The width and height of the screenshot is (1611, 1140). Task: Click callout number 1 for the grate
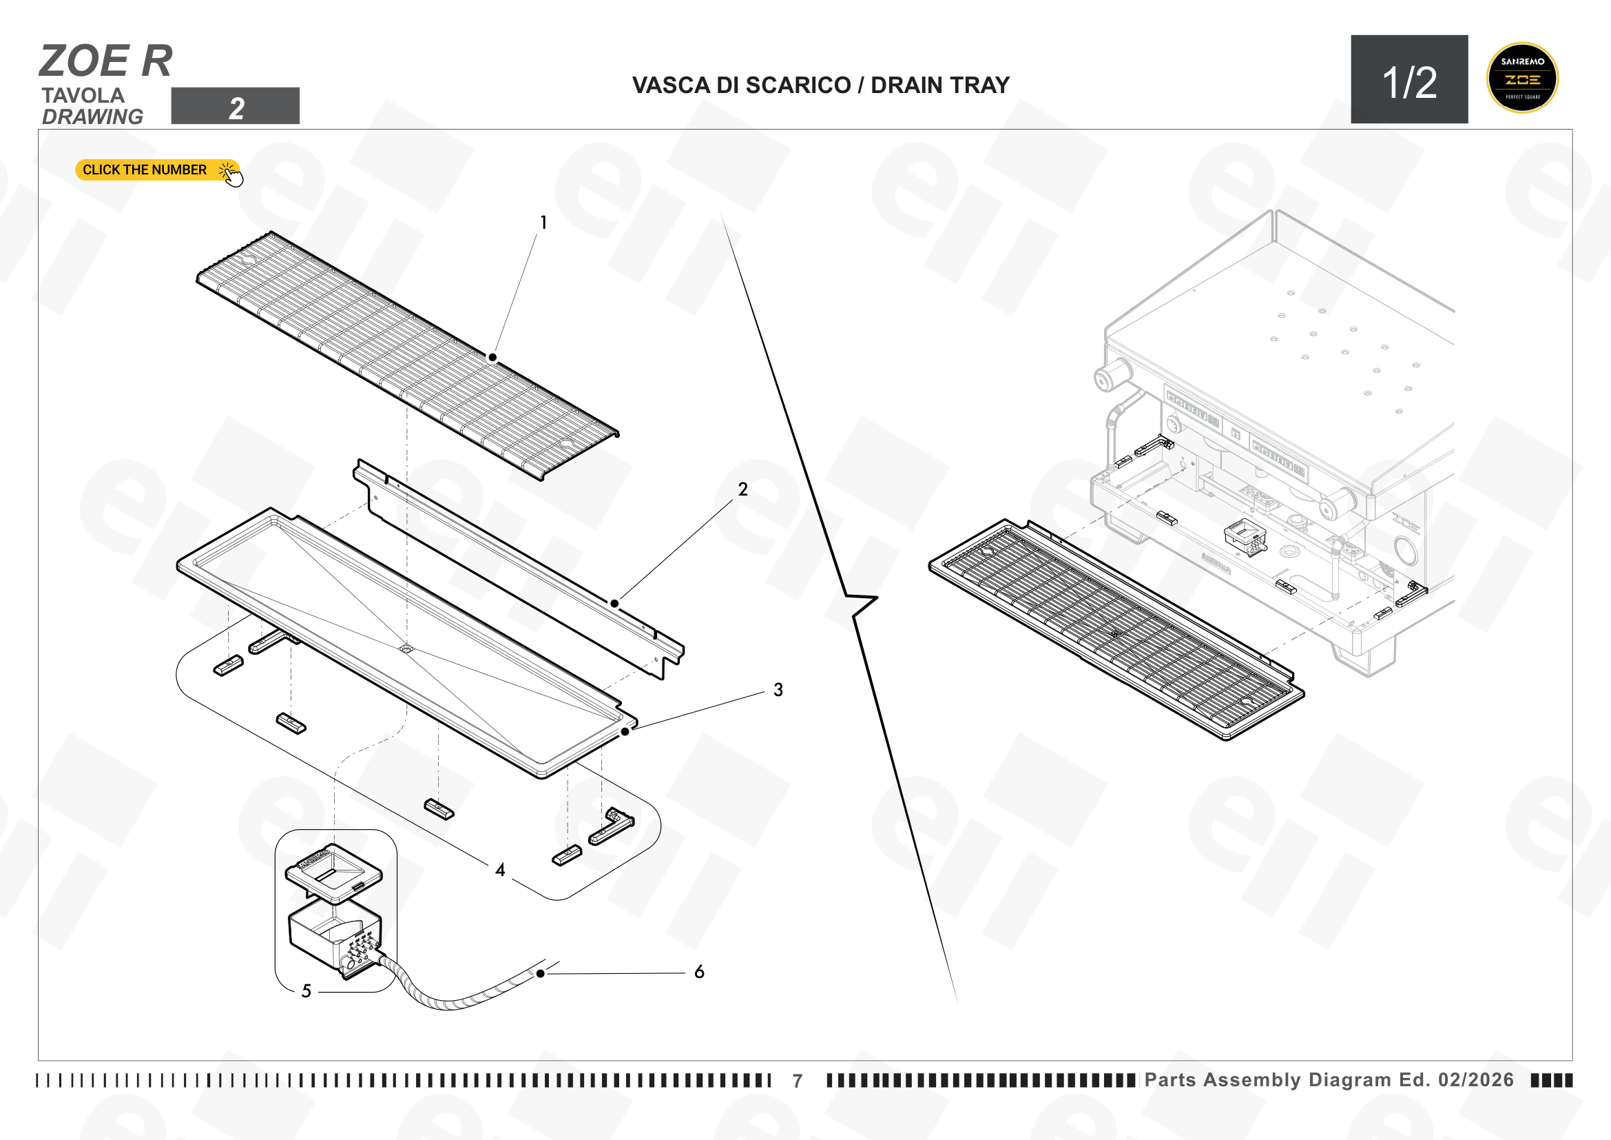pos(543,223)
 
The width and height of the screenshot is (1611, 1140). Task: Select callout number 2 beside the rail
pos(743,489)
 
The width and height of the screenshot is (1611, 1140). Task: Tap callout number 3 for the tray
pos(778,690)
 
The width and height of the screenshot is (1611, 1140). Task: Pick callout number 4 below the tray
pos(500,871)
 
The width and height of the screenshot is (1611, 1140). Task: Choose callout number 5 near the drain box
pos(306,991)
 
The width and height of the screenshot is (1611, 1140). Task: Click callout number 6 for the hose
pos(700,973)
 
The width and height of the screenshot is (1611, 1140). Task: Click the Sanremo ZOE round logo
pos(1522,78)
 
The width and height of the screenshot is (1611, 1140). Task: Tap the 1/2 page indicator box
pos(1409,79)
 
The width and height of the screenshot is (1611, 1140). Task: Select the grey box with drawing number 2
pos(235,106)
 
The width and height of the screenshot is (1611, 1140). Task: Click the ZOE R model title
pos(106,61)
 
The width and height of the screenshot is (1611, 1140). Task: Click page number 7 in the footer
pos(798,1081)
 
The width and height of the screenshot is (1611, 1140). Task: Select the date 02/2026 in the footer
pos(1476,1079)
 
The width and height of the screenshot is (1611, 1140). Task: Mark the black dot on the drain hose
pos(540,974)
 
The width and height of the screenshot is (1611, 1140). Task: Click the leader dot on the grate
pos(493,358)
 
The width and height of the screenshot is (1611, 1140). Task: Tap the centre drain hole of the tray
pos(406,649)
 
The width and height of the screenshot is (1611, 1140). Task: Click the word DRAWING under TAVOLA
pos(92,116)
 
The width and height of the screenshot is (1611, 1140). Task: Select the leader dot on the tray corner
pos(625,731)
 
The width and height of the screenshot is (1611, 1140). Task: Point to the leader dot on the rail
pos(614,604)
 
